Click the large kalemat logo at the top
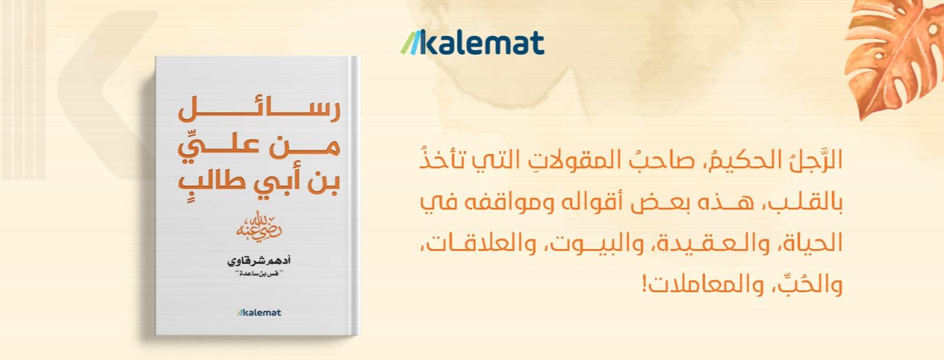(472, 42)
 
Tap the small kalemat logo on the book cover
(258, 312)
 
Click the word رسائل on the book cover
(259, 109)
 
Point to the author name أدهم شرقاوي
(259, 260)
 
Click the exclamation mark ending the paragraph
(645, 285)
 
